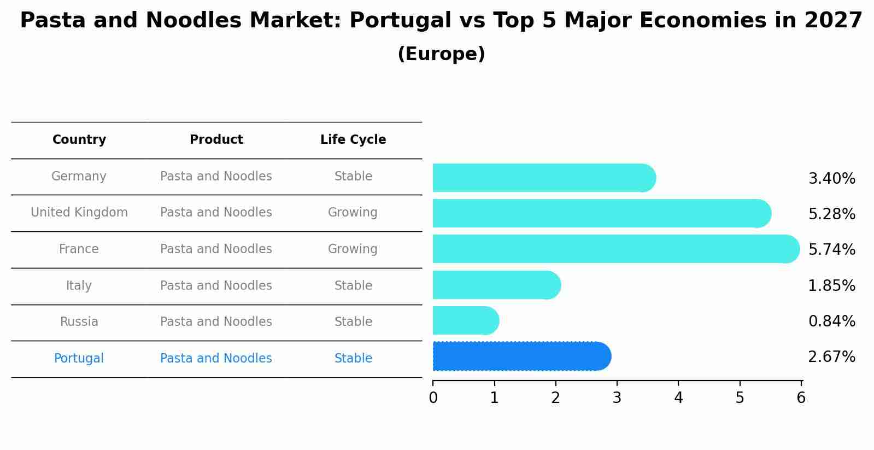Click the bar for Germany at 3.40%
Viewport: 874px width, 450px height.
click(x=544, y=178)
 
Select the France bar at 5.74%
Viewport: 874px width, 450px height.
click(x=615, y=249)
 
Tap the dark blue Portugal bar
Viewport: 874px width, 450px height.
click(x=521, y=357)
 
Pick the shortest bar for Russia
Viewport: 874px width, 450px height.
click(x=465, y=321)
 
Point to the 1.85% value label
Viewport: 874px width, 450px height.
click(x=831, y=285)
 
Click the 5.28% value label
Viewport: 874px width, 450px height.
click(x=831, y=214)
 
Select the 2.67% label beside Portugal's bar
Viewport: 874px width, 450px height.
click(x=831, y=357)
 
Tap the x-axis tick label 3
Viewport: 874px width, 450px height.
click(x=617, y=398)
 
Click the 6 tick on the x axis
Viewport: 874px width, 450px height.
click(x=801, y=398)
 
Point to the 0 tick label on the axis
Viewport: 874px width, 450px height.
click(x=433, y=398)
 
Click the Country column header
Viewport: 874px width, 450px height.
click(x=79, y=140)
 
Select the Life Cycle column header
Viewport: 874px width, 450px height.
click(x=353, y=140)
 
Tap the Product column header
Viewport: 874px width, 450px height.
click(x=216, y=140)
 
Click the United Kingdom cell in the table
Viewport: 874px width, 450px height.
click(x=79, y=213)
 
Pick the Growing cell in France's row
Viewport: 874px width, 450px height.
click(x=353, y=249)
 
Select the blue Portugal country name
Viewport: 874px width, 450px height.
click(x=79, y=359)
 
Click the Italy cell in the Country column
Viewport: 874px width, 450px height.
click(x=79, y=285)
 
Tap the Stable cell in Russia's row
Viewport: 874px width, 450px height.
click(x=353, y=322)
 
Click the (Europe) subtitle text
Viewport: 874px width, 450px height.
click(x=441, y=54)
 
